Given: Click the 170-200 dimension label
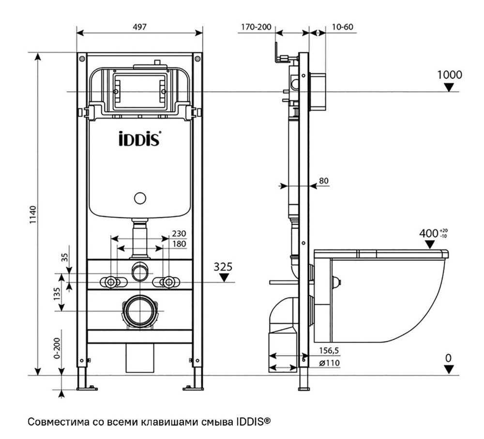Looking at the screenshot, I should (x=256, y=27).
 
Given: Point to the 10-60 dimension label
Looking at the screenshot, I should (x=342, y=27).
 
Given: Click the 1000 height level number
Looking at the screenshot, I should (x=449, y=75).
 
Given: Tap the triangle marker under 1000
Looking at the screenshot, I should (x=450, y=88).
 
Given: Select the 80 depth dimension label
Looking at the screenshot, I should (x=324, y=181).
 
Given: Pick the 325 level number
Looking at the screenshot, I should (x=224, y=266).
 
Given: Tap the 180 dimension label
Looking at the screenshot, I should (x=179, y=243).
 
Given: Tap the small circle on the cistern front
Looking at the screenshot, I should (x=140, y=198).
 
